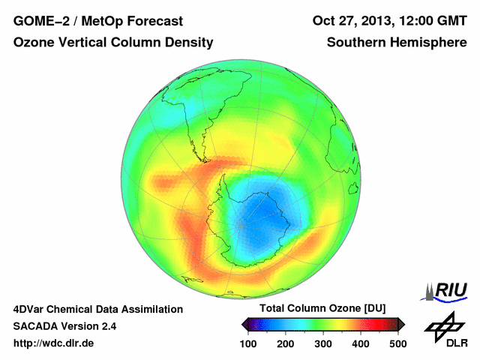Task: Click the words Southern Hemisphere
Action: (x=397, y=43)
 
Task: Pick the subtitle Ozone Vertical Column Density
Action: (x=113, y=43)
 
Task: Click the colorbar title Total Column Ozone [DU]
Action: (x=322, y=309)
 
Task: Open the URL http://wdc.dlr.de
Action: (x=55, y=343)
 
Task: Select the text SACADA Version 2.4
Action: (x=64, y=326)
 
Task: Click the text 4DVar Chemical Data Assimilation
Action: (x=97, y=309)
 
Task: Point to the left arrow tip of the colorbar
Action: (x=243, y=324)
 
